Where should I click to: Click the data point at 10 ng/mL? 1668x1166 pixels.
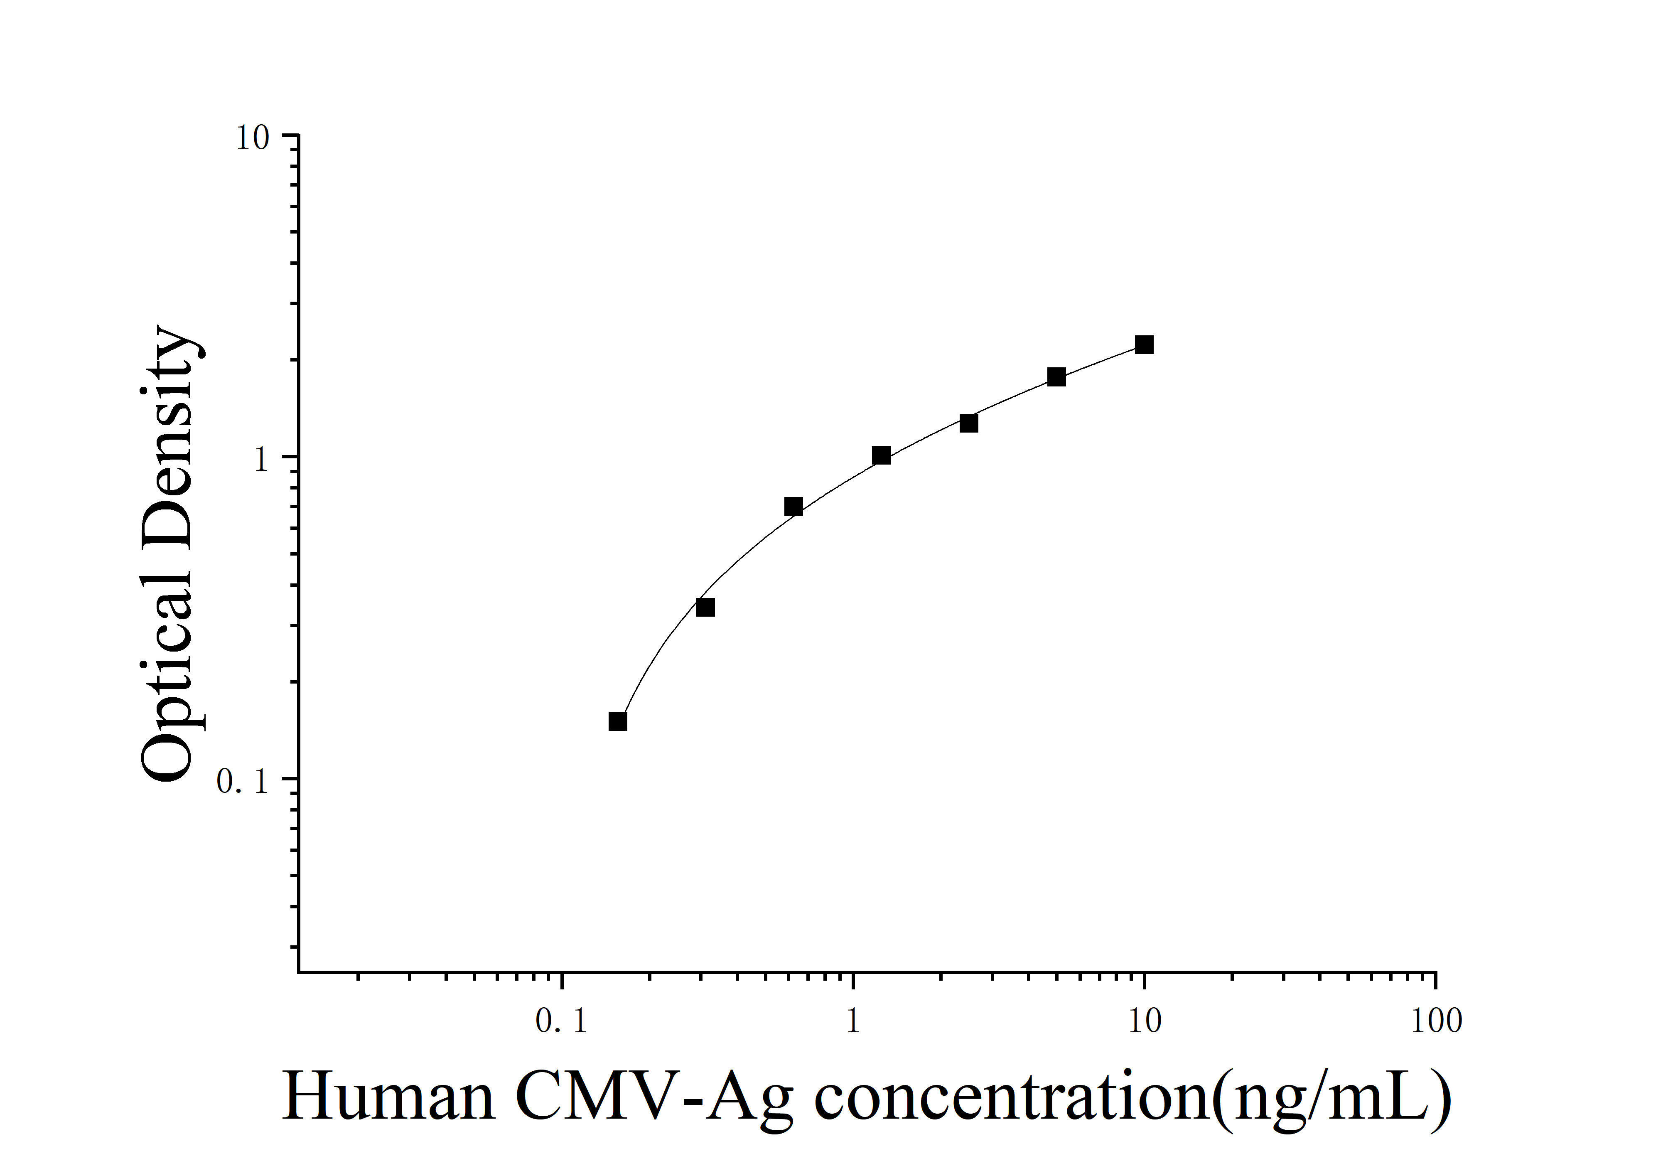pos(1144,344)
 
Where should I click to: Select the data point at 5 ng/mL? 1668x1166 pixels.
pos(1056,377)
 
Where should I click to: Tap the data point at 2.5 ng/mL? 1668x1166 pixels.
pos(968,423)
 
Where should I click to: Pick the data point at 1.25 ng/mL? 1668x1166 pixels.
pos(881,455)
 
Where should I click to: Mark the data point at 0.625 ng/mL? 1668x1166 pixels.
pos(793,507)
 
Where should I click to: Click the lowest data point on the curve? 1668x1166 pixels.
pos(617,721)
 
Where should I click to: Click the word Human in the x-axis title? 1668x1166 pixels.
pos(389,1098)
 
